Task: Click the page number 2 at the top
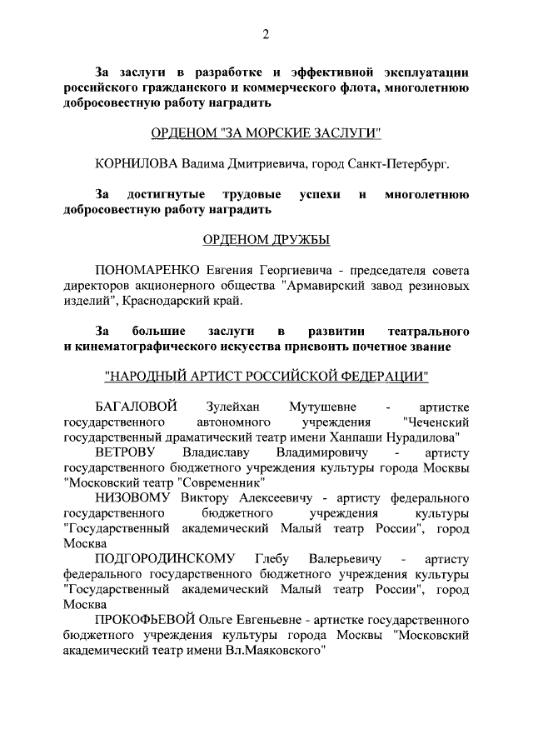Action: coord(266,34)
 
